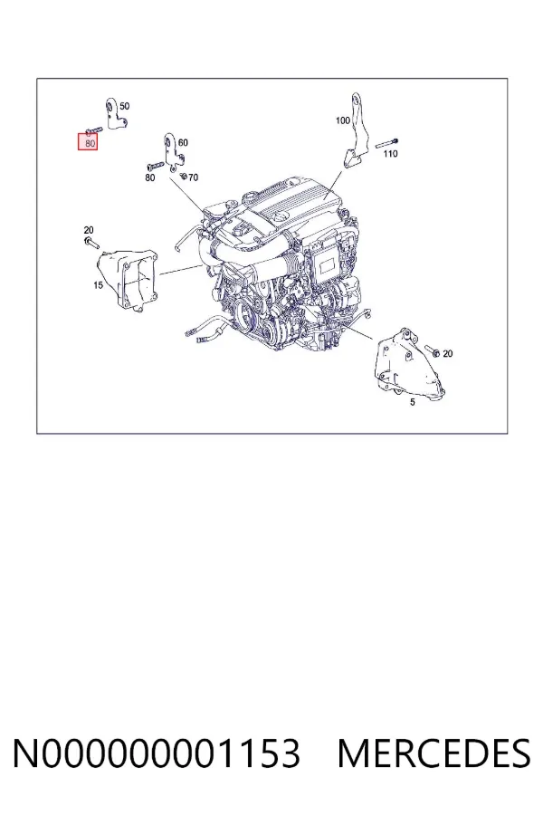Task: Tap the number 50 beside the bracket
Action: click(125, 106)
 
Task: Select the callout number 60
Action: click(183, 142)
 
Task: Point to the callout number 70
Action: click(193, 177)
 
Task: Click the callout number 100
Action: click(343, 120)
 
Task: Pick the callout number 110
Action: click(390, 153)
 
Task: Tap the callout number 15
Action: click(99, 285)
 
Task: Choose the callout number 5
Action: click(413, 402)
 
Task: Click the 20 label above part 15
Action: click(89, 230)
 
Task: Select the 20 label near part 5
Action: click(447, 353)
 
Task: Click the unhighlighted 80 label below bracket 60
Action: click(149, 177)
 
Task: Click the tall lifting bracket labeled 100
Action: click(356, 132)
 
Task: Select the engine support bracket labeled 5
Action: click(408, 364)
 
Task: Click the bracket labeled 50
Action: click(115, 115)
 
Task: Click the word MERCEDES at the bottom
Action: click(433, 753)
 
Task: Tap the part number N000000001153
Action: click(157, 753)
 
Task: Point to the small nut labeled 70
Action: click(183, 176)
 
